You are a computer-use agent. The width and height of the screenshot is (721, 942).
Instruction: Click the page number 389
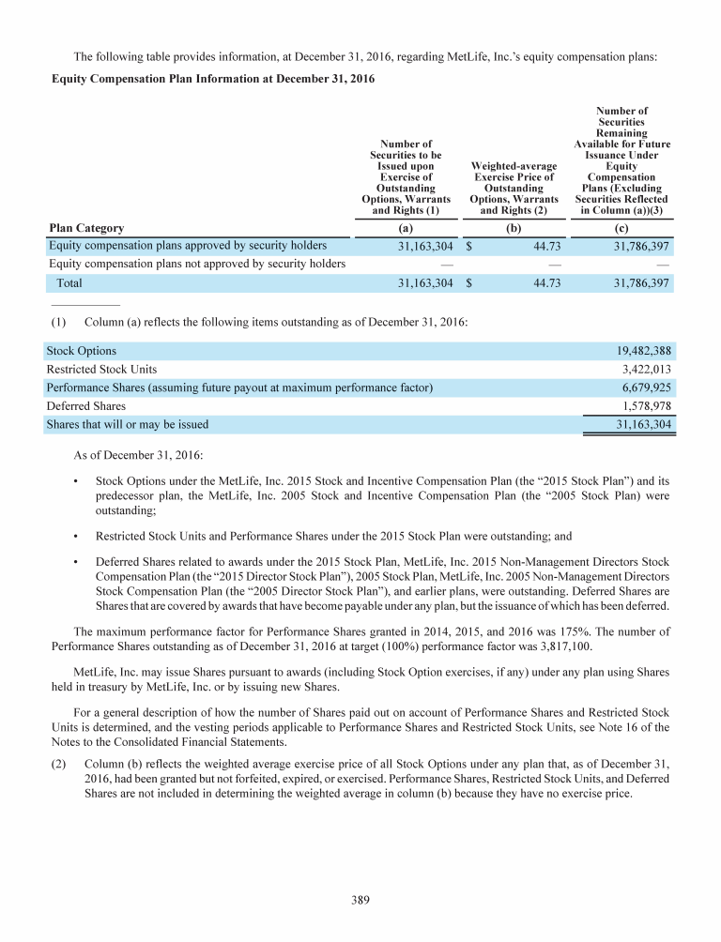[360, 901]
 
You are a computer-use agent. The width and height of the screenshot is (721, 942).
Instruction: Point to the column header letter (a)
[407, 228]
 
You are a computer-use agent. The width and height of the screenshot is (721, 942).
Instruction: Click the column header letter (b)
[514, 228]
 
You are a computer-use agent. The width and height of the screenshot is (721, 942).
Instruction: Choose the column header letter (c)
[621, 228]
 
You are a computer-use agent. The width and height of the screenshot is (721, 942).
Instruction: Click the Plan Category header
[86, 228]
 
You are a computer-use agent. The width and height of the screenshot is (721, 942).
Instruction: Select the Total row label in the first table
[69, 281]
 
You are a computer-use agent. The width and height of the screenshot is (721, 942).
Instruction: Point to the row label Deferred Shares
[86, 406]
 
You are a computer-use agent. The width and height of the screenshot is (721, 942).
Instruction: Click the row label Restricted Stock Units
[102, 370]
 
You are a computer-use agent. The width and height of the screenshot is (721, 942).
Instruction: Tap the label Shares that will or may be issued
[128, 424]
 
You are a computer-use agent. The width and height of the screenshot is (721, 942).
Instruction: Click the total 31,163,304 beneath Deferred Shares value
[642, 424]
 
